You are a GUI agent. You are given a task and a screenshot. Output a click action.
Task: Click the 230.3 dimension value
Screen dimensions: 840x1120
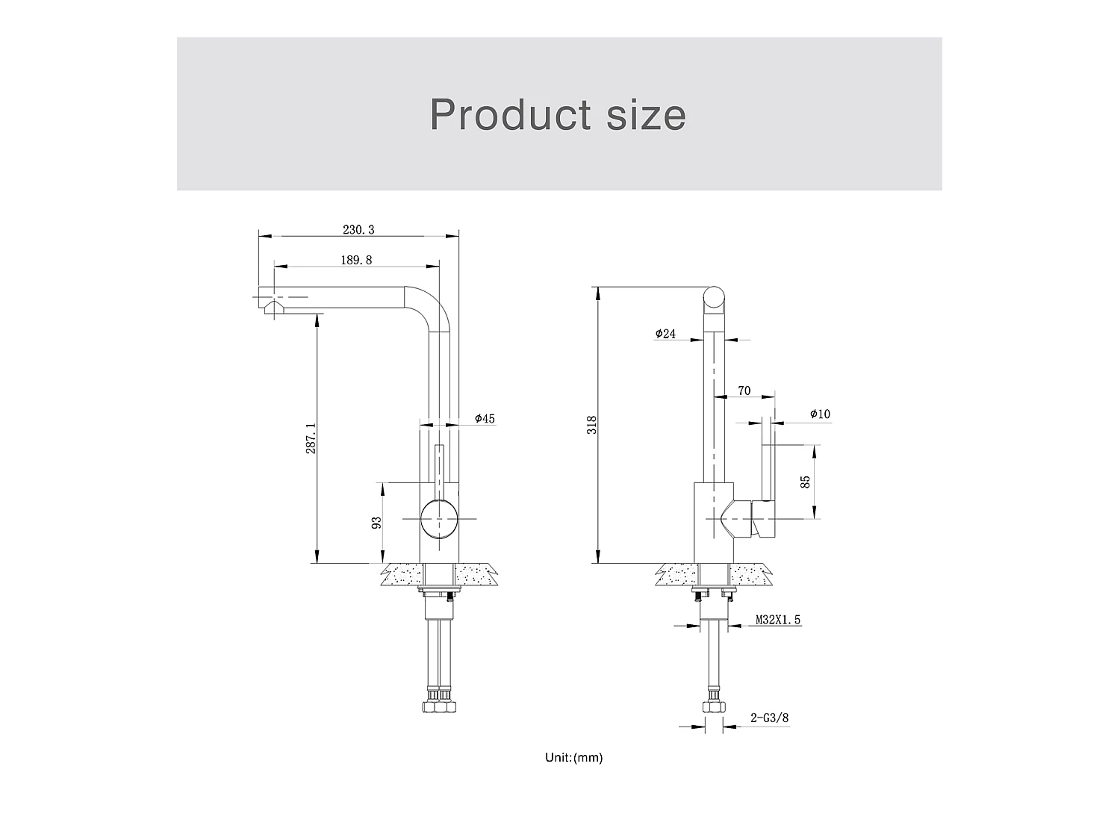[358, 229]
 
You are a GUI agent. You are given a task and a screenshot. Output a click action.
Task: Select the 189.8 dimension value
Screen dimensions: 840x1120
[356, 260]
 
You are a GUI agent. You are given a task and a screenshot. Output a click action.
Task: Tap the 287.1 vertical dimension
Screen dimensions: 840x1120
[311, 438]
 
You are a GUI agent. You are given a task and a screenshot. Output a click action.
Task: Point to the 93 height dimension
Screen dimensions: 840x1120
[376, 523]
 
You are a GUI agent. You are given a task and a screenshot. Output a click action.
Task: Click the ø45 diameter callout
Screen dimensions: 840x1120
[485, 419]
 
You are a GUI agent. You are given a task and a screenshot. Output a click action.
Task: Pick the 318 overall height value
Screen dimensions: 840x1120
[591, 426]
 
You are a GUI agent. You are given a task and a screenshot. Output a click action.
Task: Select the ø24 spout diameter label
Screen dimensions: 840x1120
[665, 334]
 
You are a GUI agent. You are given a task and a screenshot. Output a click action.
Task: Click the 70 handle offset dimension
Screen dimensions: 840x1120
[744, 391]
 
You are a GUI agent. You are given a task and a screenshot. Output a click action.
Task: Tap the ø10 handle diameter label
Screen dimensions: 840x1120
[819, 414]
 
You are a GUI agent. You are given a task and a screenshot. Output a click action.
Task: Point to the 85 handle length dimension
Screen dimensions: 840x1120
[805, 482]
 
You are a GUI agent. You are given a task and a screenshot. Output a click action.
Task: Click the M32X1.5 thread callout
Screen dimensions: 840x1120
[779, 620]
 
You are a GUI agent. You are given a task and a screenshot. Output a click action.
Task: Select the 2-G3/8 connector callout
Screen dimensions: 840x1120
[769, 718]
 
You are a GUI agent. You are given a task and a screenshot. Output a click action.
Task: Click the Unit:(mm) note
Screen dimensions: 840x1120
[573, 758]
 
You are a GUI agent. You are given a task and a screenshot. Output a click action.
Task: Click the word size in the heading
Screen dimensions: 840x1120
[646, 114]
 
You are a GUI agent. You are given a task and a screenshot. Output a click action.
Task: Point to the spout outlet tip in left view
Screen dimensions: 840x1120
[272, 308]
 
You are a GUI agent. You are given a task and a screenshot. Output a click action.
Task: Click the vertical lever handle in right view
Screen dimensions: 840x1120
[767, 459]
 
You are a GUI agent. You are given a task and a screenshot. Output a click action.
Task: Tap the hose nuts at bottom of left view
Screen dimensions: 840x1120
[439, 705]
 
